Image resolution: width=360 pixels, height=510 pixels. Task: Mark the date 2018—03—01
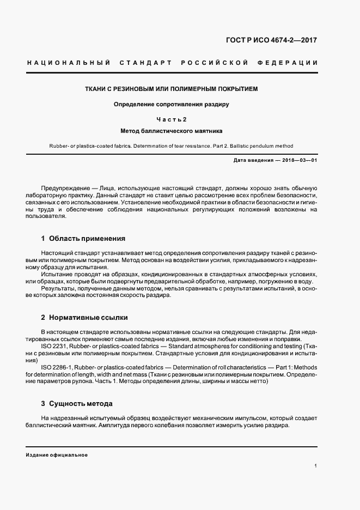(298, 160)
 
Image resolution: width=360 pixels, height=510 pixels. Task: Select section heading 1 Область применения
(83, 238)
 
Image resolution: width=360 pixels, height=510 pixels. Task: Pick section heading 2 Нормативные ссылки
(84, 317)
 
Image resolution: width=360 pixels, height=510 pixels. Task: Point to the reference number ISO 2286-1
(57, 368)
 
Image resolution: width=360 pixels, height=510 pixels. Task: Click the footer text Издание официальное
(57, 455)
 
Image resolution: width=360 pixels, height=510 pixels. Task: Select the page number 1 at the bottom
(316, 466)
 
